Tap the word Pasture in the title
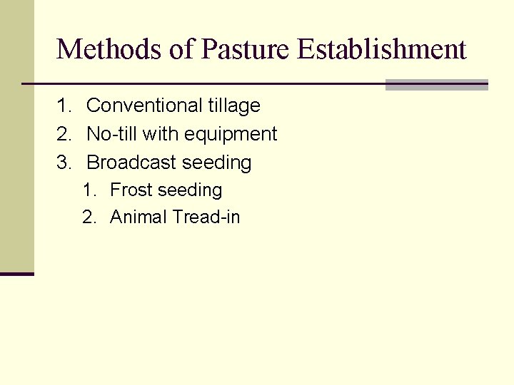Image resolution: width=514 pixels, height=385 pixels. pyautogui.click(x=245, y=49)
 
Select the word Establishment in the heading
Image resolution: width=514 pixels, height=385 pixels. pyautogui.click(x=382, y=49)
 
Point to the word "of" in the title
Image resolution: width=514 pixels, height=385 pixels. pyautogui.click(x=178, y=49)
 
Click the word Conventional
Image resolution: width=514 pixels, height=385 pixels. pyautogui.click(x=134, y=106)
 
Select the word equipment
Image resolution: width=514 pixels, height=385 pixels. pyautogui.click(x=230, y=135)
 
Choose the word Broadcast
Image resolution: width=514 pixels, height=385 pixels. pyautogui.click(x=132, y=163)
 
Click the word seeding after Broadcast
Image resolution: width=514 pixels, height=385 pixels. pyautogui.click(x=217, y=163)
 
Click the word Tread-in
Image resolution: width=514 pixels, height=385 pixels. pyautogui.click(x=206, y=217)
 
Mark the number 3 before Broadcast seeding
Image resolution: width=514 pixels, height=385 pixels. pyautogui.click(x=62, y=163)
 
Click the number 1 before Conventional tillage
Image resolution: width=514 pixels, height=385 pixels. pyautogui.click(x=62, y=106)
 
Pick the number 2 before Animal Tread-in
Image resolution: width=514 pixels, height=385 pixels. pyautogui.click(x=87, y=217)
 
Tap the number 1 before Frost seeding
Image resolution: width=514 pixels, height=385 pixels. pyautogui.click(x=87, y=190)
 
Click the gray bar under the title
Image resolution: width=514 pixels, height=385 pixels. pyautogui.click(x=436, y=85)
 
